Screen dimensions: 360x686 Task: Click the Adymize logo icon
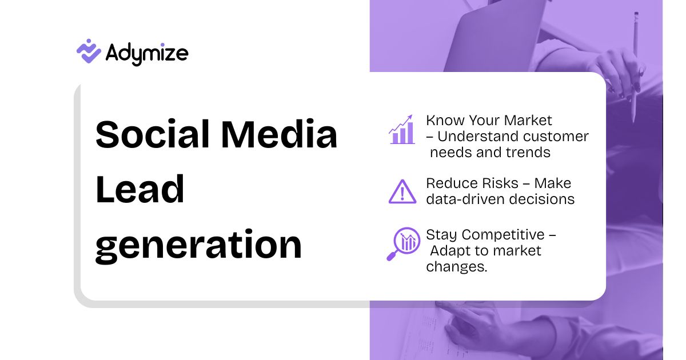(89, 51)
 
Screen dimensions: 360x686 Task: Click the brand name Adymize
(147, 54)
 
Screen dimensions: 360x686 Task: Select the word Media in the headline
(280, 135)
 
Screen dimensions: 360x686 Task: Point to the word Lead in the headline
(140, 190)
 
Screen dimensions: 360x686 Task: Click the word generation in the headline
(198, 246)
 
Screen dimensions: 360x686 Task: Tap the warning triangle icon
(402, 191)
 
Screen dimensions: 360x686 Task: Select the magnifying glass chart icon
(402, 243)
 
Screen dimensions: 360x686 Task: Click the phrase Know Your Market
(489, 121)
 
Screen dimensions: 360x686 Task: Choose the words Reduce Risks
(476, 183)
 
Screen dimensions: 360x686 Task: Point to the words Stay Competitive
(485, 235)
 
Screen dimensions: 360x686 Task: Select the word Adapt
(449, 251)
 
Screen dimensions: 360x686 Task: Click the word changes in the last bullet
(456, 267)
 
